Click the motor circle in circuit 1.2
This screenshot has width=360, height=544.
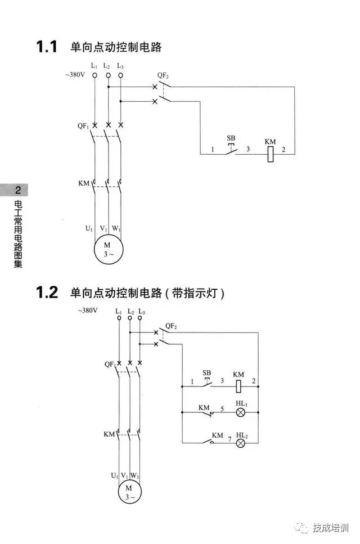[x=130, y=492]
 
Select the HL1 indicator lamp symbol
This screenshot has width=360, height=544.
[x=241, y=412]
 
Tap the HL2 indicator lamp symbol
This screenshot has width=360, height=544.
[x=241, y=443]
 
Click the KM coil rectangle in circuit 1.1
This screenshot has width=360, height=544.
[x=271, y=154]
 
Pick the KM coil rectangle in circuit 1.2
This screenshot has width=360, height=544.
[x=238, y=386]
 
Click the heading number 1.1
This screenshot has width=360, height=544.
[x=47, y=47]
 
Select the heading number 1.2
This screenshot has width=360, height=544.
[x=47, y=293]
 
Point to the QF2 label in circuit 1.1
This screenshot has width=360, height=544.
[x=163, y=75]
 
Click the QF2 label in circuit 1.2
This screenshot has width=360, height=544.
[x=171, y=326]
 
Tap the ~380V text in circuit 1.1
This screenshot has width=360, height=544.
[x=75, y=74]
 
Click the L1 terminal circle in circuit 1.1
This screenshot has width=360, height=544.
[x=94, y=75]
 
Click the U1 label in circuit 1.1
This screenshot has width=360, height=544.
[x=89, y=228]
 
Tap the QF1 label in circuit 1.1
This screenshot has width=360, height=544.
[x=83, y=126]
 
